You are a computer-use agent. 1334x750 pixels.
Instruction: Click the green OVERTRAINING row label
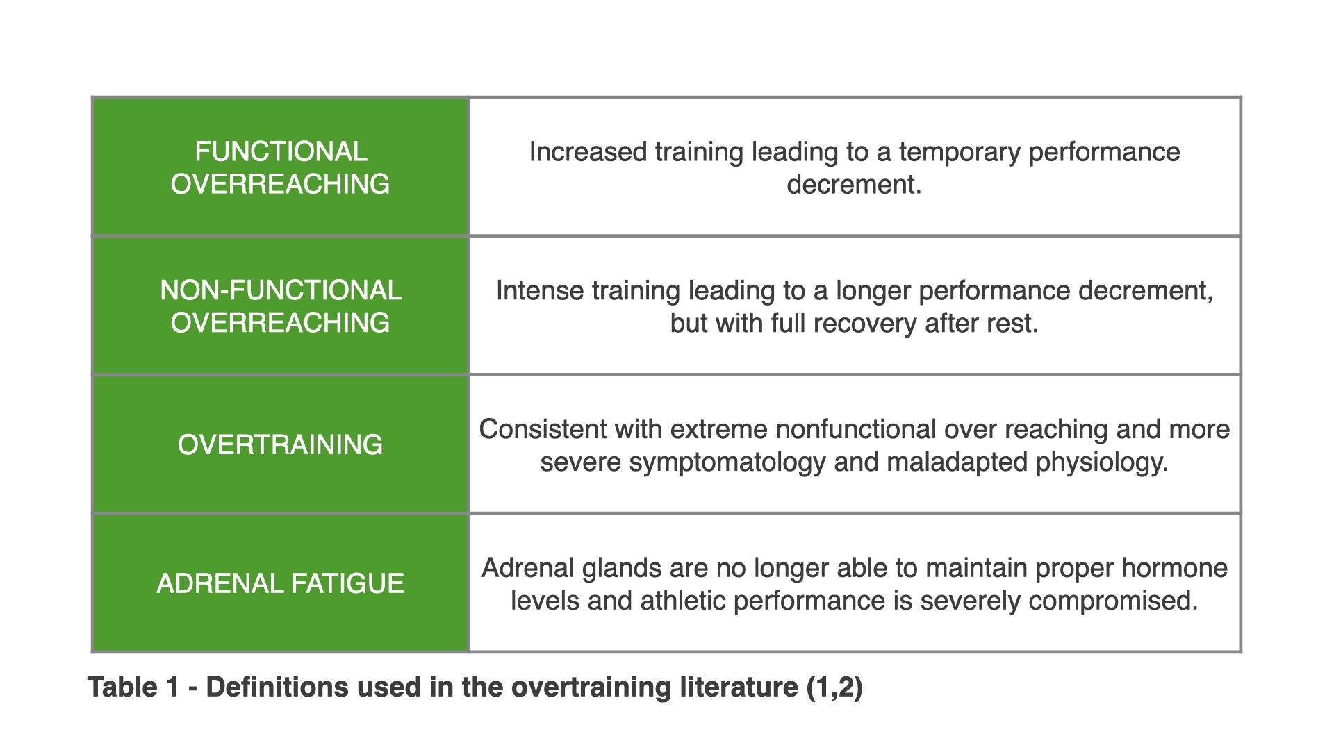[280, 444]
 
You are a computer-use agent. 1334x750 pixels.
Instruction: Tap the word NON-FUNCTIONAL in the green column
[281, 290]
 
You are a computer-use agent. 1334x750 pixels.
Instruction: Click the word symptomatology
[727, 462]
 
